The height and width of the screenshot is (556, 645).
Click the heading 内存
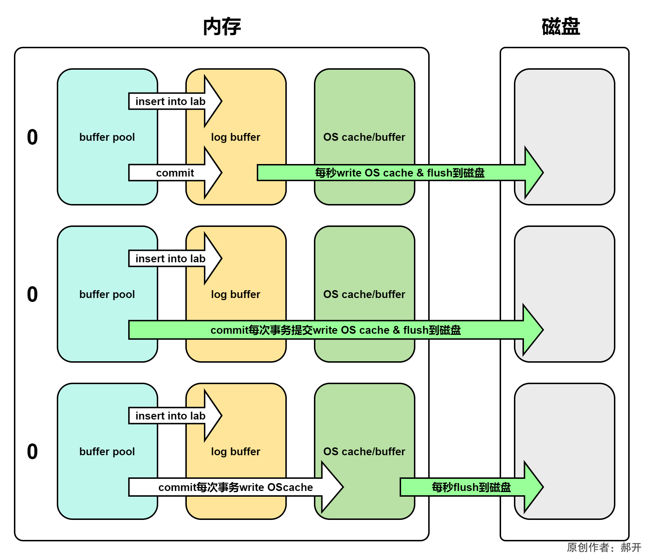point(222,26)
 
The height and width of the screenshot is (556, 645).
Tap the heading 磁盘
point(560,26)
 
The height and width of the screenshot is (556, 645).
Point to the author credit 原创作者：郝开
point(604,547)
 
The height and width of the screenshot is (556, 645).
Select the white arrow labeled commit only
point(175,173)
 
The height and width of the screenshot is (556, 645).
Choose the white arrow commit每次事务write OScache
point(235,487)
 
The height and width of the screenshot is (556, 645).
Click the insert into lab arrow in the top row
point(170,101)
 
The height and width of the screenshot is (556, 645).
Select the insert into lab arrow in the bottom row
point(170,416)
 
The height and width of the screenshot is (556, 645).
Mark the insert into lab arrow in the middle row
point(170,259)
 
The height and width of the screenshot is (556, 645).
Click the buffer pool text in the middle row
point(107,294)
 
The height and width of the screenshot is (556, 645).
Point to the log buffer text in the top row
point(235,137)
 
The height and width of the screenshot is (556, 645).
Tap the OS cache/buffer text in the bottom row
point(364,452)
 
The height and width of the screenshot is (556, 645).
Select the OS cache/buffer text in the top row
point(364,137)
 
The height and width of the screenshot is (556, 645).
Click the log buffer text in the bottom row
point(235,452)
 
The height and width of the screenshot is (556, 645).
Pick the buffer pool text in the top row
point(107,137)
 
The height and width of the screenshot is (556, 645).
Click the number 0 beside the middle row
point(32,294)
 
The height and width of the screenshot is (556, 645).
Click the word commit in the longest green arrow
point(229,330)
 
